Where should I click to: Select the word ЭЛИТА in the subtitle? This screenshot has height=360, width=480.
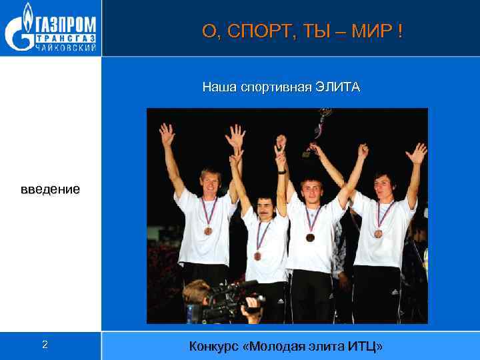(x=337, y=87)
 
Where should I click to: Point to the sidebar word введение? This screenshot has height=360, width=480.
(x=50, y=189)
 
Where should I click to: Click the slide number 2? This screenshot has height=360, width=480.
(x=45, y=345)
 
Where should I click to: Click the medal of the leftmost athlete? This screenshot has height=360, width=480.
(x=209, y=231)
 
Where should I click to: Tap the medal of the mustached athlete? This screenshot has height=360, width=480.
(x=258, y=255)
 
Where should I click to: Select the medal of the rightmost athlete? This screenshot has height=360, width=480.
(x=379, y=233)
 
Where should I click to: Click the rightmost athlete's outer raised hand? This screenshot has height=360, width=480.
(x=417, y=153)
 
